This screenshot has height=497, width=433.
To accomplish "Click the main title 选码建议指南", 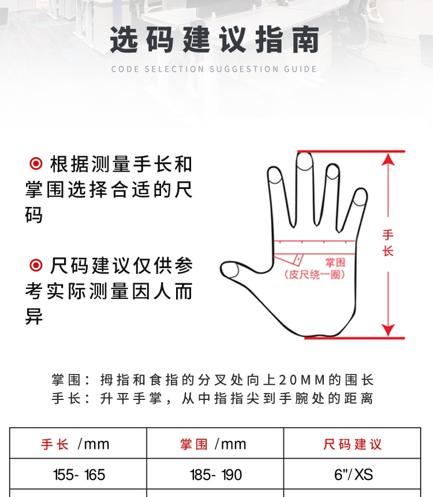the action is [x=214, y=40].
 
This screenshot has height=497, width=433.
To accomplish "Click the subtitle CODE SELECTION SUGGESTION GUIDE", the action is [x=214, y=69].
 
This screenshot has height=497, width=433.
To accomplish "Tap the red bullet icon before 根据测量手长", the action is [x=36, y=164].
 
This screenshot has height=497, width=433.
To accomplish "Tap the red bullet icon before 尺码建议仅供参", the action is [x=36, y=265].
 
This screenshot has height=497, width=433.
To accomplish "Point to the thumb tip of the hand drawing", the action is [x=223, y=269].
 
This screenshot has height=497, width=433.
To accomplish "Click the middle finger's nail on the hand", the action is [x=305, y=162].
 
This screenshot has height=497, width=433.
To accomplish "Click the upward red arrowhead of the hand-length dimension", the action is [x=388, y=160].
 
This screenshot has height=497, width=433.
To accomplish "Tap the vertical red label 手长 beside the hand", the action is [x=388, y=243].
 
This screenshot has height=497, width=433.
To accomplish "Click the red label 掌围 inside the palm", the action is [x=335, y=262].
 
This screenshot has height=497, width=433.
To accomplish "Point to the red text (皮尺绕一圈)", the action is [x=315, y=275].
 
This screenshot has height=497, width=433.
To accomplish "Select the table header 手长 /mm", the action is [x=75, y=444].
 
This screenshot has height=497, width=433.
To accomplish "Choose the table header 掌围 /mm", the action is [x=213, y=444].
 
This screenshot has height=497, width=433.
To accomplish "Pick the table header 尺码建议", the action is [x=352, y=444].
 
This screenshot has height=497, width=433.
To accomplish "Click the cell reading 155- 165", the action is [x=79, y=475].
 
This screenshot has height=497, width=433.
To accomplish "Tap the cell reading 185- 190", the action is [x=216, y=475].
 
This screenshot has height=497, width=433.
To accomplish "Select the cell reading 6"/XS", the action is [x=353, y=475].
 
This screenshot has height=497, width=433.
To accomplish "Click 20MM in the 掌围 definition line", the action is [x=303, y=380].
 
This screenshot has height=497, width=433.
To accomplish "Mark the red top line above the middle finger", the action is [x=351, y=151].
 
